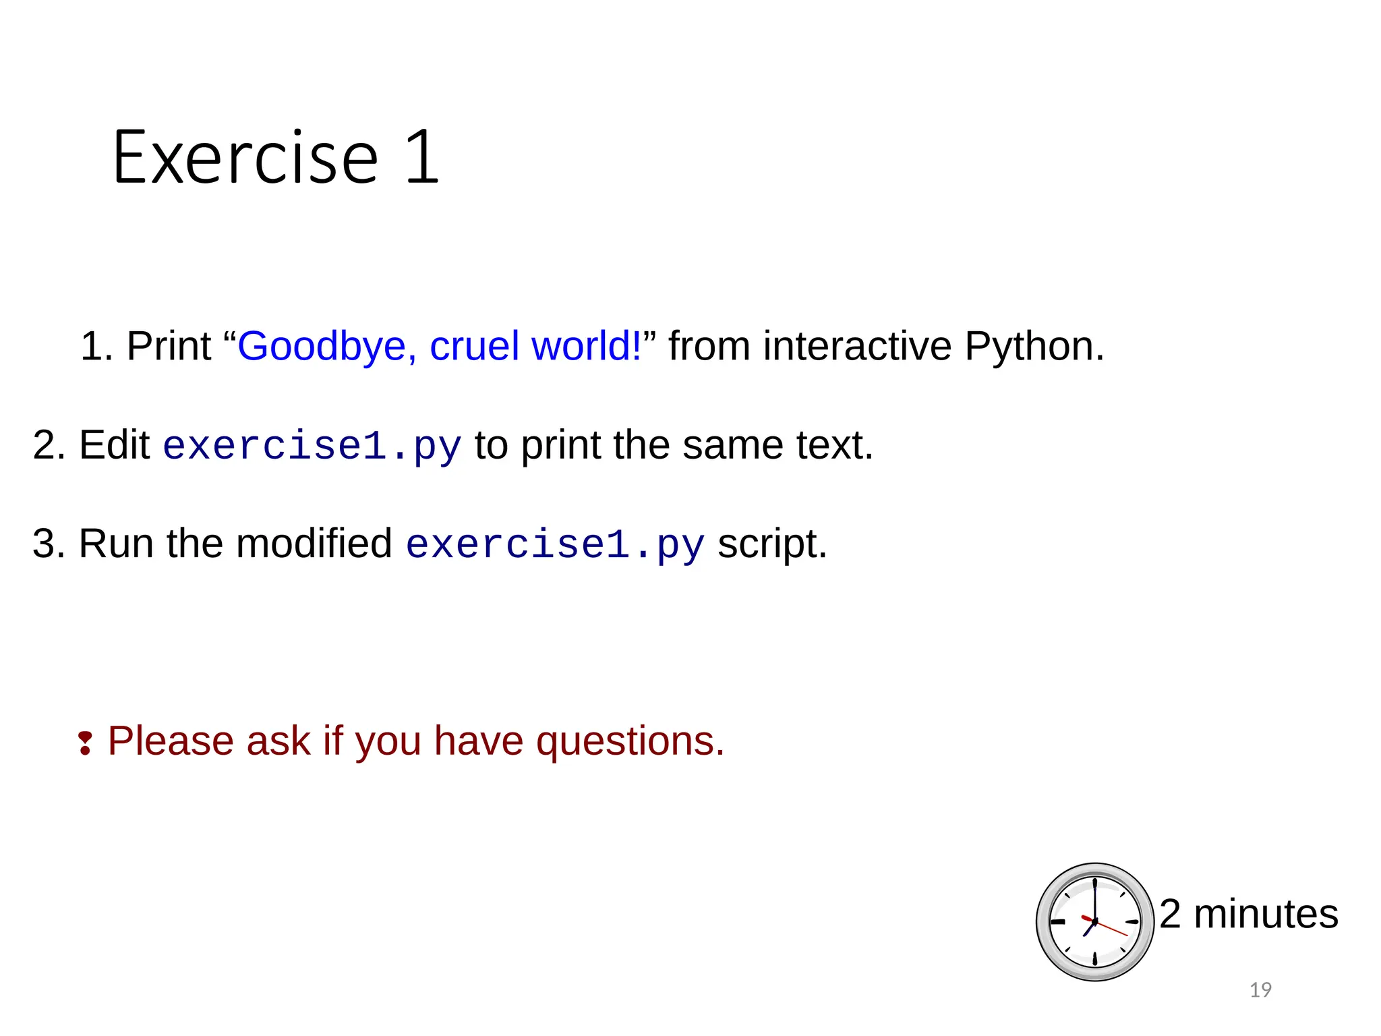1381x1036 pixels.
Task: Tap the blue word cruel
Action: (474, 347)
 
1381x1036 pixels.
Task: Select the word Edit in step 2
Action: (115, 445)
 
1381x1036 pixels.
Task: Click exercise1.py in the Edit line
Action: (312, 447)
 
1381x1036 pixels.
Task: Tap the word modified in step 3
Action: (314, 544)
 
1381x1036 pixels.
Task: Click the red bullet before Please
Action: (85, 743)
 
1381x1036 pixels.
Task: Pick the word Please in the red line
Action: (171, 741)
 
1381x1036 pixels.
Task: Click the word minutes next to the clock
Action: (1266, 915)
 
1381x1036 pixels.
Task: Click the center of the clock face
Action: (1094, 921)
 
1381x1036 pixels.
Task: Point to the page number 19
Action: (1260, 990)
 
